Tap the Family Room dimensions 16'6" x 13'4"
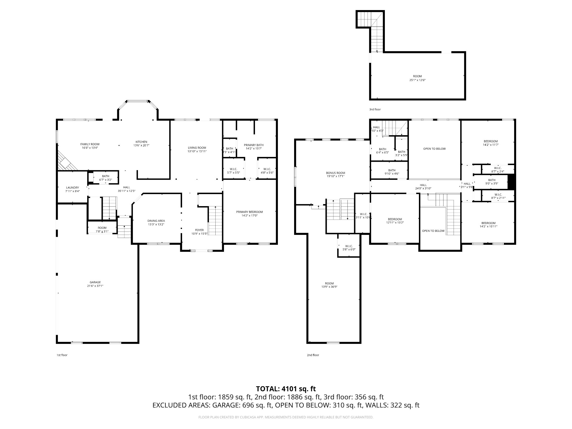pos(90,148)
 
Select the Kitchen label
pos(141,142)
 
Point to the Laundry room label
pos(72,188)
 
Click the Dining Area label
pos(156,221)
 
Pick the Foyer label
pos(199,230)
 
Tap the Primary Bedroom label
pos(249,212)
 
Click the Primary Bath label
pos(254,145)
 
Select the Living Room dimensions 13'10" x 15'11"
pos(197,151)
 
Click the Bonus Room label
pos(335,173)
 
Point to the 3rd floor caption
pos(375,109)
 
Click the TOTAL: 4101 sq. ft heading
pos(286,389)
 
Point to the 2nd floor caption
pos(313,355)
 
